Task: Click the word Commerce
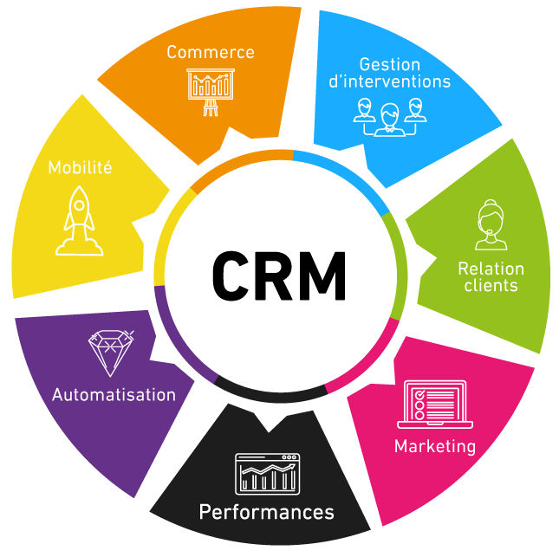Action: point(211,52)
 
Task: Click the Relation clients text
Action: point(491,277)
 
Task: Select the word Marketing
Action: point(435,447)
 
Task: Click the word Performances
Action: point(266,512)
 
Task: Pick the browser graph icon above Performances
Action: point(266,473)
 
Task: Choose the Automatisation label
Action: point(114,395)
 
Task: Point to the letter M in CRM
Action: point(322,275)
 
